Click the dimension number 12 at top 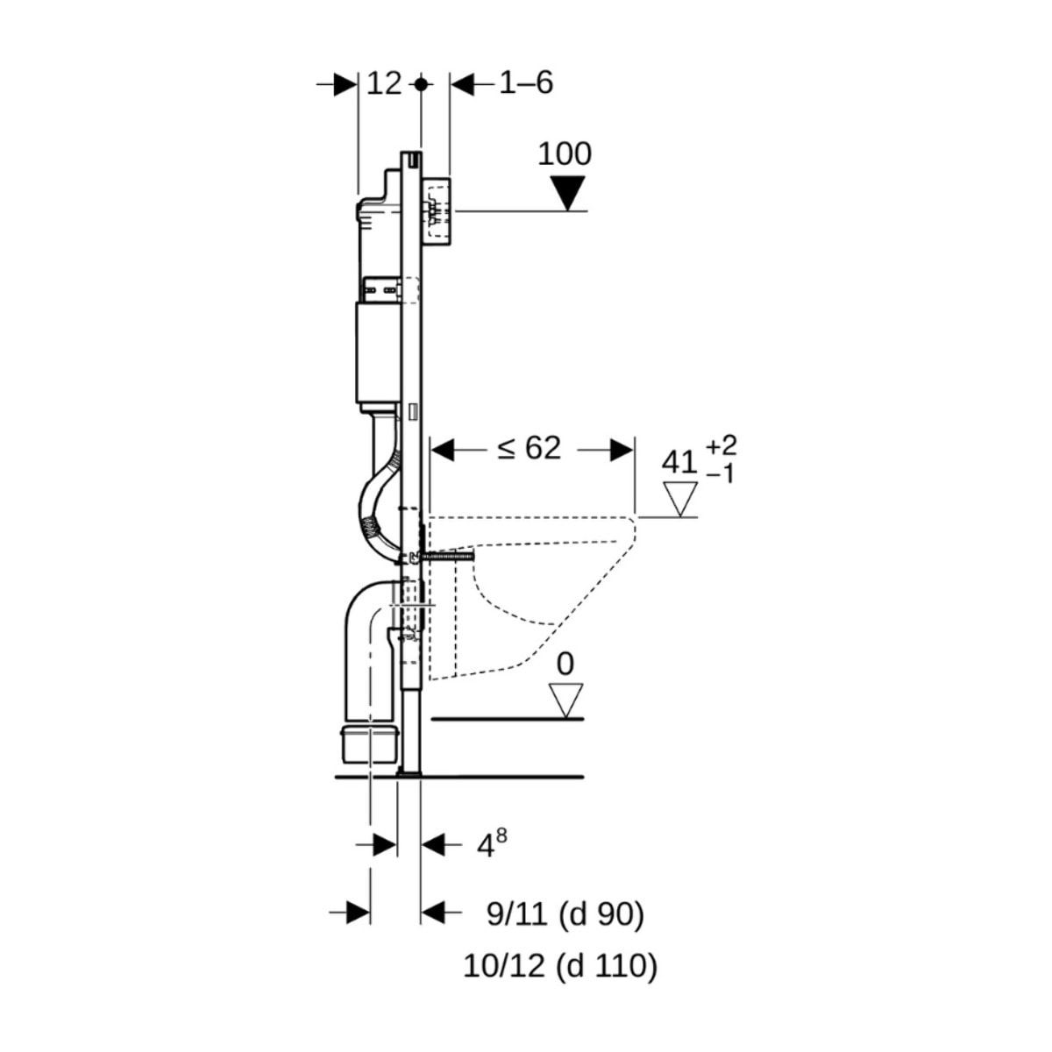(x=383, y=84)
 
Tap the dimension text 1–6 (x=526, y=84)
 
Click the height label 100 (x=564, y=154)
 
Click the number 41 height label (x=679, y=462)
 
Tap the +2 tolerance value (x=721, y=446)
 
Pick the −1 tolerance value (x=721, y=474)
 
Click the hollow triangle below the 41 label (x=679, y=499)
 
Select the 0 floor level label (x=565, y=665)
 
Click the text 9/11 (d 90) (x=565, y=914)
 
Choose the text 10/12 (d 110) (x=560, y=966)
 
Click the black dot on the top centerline (x=422, y=84)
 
